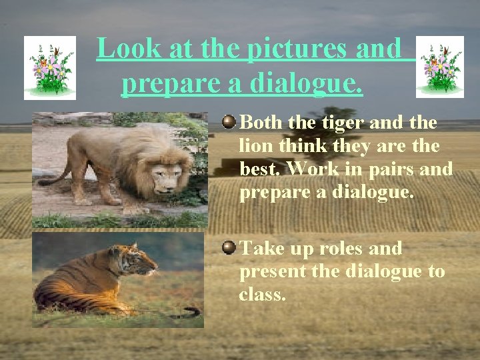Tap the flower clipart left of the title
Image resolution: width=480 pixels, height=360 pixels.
pyautogui.click(x=50, y=68)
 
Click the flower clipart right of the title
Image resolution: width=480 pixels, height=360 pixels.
pyautogui.click(x=440, y=67)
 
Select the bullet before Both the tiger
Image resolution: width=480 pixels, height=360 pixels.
pyautogui.click(x=229, y=121)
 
